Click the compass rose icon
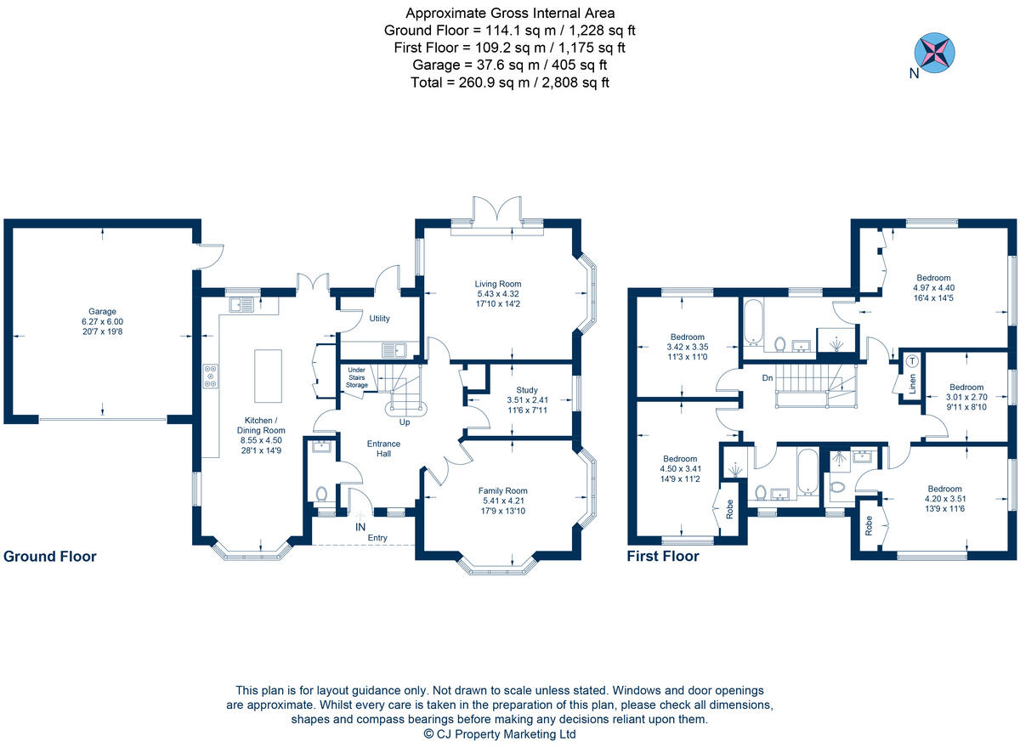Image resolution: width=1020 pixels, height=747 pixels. [x=933, y=52]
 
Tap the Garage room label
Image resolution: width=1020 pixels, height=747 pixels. [x=101, y=311]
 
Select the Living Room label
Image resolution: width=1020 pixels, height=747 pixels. [x=497, y=284]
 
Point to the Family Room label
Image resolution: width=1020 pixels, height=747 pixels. [x=502, y=490]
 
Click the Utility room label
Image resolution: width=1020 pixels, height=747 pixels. [x=379, y=319]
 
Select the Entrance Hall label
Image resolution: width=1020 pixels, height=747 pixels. [x=383, y=449]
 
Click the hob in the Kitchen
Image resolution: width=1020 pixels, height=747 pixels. [x=209, y=376]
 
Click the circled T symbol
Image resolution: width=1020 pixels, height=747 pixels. [x=912, y=360]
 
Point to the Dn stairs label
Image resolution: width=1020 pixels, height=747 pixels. [x=767, y=377]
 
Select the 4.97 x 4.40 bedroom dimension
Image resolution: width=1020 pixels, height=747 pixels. [x=933, y=287]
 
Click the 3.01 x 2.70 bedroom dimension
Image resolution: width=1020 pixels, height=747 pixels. [x=966, y=396]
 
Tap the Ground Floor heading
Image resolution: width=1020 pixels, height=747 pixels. [x=49, y=557]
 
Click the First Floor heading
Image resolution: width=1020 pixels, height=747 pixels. [x=662, y=557]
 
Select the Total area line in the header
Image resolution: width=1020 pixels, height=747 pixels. [x=510, y=82]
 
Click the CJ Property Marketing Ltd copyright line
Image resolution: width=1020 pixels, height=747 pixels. [x=499, y=733]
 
